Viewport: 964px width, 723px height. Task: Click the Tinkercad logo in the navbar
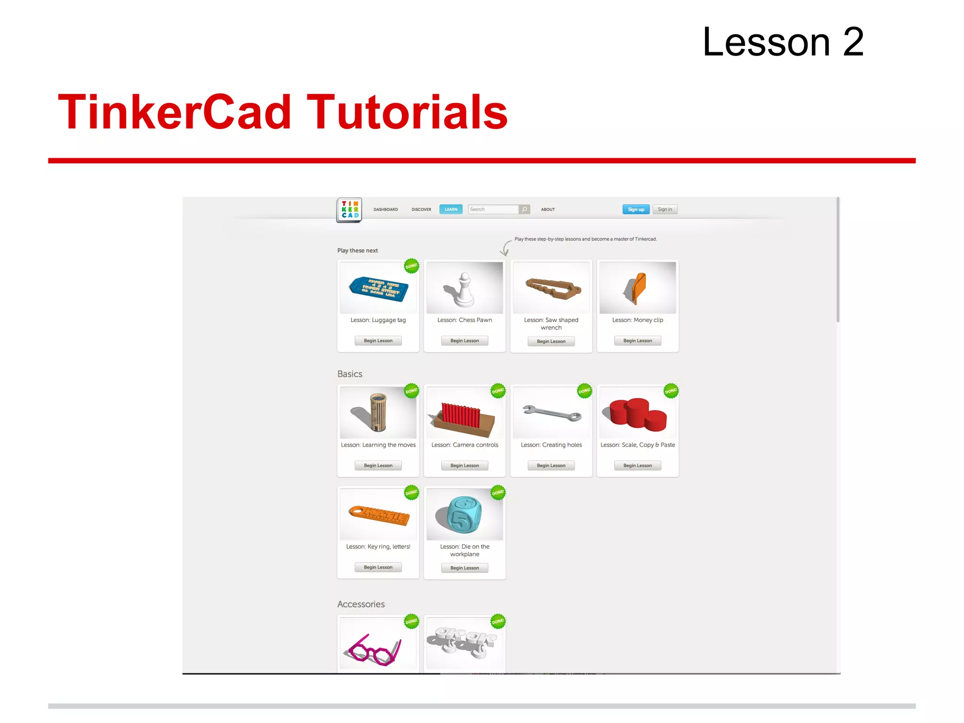(x=349, y=209)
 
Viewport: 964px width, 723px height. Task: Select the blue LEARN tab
(x=450, y=209)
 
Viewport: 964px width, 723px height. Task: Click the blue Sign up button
(x=635, y=209)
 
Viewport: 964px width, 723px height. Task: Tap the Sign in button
(x=665, y=209)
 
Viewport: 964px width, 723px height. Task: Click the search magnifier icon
(x=524, y=209)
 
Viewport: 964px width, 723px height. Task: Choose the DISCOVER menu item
(x=421, y=209)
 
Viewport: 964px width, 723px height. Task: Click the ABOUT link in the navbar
(x=547, y=209)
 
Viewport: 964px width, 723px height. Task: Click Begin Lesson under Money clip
(x=637, y=341)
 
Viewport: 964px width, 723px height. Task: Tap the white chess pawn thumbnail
(x=464, y=288)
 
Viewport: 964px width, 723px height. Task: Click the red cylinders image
(x=637, y=413)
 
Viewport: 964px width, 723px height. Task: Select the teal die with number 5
(x=464, y=514)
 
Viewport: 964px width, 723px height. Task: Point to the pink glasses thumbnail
(x=378, y=643)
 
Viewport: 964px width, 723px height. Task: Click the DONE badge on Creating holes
(x=584, y=391)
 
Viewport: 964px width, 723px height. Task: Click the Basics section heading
(x=350, y=374)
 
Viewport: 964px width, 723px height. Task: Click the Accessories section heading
(x=361, y=604)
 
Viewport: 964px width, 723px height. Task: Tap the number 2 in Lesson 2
(x=853, y=42)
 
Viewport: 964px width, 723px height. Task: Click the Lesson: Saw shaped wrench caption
(x=551, y=324)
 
